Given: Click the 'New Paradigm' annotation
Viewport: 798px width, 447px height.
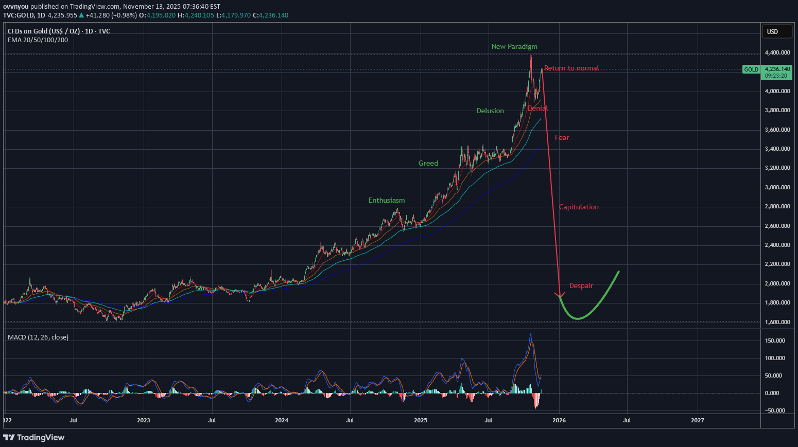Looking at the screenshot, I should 514,46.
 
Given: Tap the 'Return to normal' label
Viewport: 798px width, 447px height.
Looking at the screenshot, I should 571,68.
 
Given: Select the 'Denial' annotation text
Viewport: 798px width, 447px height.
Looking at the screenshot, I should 537,108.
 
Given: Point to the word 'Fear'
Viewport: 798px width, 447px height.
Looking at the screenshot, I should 562,137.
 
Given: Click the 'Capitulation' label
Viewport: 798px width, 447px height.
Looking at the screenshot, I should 579,207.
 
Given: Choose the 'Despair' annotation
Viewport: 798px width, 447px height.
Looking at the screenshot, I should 581,285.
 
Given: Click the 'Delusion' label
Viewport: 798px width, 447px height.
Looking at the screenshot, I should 490,111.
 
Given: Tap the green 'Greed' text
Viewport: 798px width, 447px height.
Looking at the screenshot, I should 428,163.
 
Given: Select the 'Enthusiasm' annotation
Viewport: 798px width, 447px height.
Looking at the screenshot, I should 387,200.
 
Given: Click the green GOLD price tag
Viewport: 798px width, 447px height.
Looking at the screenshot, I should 751,69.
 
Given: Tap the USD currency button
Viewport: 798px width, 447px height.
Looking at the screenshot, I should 777,32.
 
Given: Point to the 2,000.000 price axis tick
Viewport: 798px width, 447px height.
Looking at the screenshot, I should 777,283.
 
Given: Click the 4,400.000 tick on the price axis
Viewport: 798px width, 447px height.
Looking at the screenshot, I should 777,52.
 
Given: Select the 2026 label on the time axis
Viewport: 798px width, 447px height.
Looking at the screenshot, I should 559,420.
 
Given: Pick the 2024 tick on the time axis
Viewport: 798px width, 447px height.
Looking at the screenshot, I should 282,420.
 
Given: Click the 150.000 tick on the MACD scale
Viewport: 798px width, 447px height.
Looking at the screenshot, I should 775,341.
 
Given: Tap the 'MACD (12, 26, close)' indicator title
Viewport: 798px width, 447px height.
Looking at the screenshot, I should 38,337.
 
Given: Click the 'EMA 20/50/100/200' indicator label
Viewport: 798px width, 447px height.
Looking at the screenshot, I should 38,40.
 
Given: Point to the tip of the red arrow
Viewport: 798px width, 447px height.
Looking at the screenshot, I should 560,297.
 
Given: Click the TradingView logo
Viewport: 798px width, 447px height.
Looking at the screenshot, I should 34,437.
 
